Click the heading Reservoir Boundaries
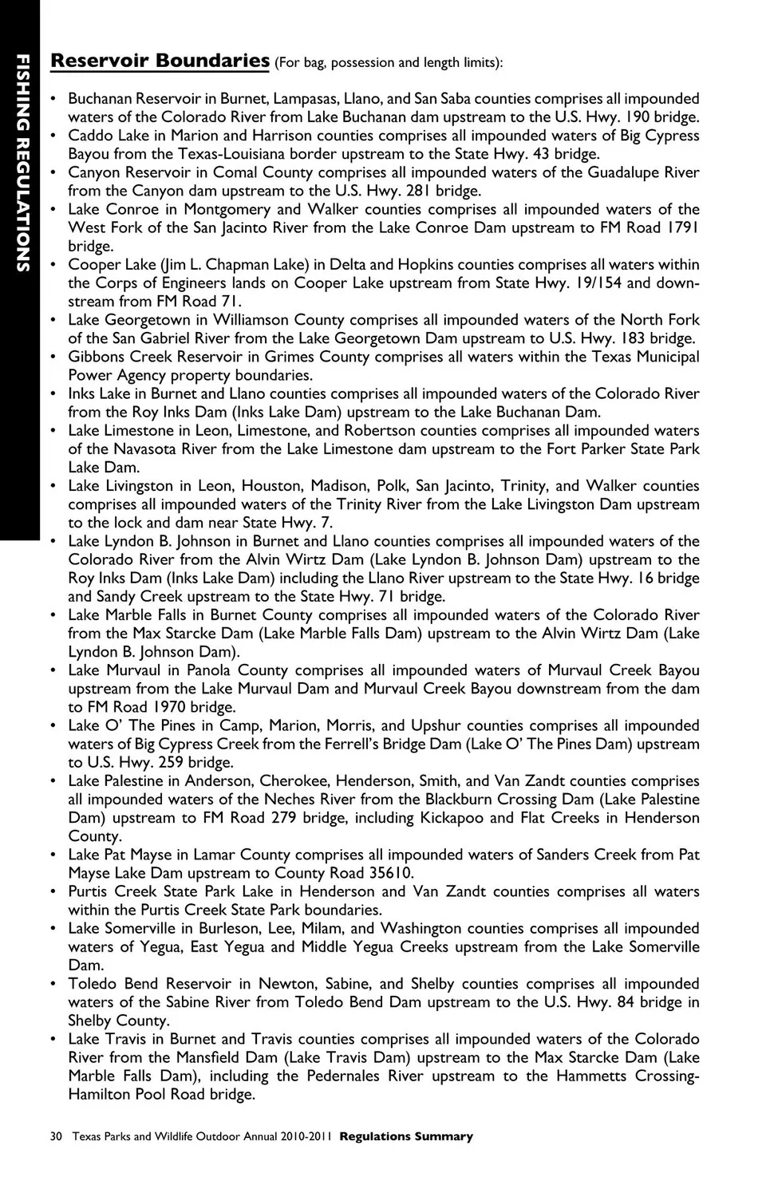(160, 61)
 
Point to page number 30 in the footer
(56, 1136)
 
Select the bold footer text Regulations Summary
(406, 1136)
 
